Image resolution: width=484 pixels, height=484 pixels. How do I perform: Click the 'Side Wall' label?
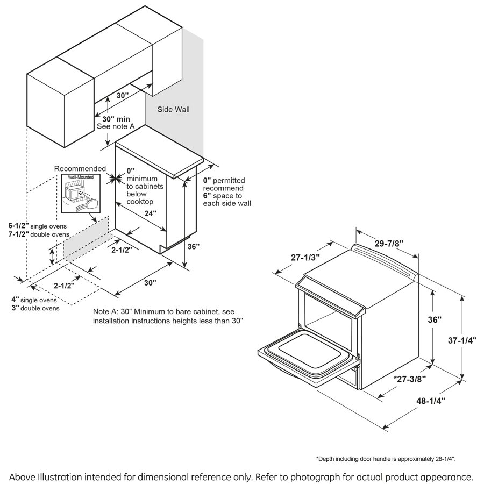click(x=173, y=109)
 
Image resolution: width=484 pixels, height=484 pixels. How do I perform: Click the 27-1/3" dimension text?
click(x=305, y=258)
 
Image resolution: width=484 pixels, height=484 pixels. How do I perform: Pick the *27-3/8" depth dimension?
click(x=409, y=379)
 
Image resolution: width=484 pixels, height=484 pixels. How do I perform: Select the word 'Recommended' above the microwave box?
click(x=80, y=168)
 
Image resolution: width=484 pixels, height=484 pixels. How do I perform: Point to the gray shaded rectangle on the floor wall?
click(x=86, y=239)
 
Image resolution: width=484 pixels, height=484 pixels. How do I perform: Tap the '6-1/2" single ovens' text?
click(x=38, y=226)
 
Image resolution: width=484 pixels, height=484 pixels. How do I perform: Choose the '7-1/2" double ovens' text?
click(x=39, y=234)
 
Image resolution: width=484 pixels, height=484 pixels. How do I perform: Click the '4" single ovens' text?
click(x=34, y=300)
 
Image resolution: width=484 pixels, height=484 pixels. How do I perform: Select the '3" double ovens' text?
click(x=35, y=308)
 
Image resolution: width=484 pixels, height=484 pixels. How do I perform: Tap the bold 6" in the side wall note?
click(x=207, y=196)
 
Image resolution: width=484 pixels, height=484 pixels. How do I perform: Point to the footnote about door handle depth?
click(x=385, y=459)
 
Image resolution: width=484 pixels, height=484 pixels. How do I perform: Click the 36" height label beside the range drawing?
click(x=434, y=319)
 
